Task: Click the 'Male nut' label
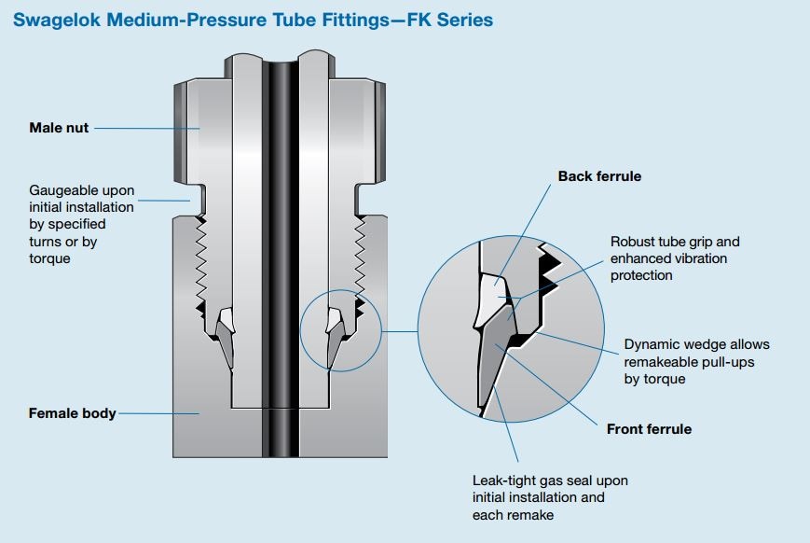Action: (59, 128)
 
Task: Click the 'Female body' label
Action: (72, 412)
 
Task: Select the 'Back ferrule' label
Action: (599, 176)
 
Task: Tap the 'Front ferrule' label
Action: (649, 429)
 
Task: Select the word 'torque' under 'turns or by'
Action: (50, 258)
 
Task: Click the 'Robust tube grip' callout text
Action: (675, 242)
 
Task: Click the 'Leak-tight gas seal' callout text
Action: (550, 480)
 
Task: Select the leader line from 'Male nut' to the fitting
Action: (144, 128)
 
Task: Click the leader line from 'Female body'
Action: (158, 412)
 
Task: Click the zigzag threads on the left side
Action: (200, 261)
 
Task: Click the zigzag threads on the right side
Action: (357, 261)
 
